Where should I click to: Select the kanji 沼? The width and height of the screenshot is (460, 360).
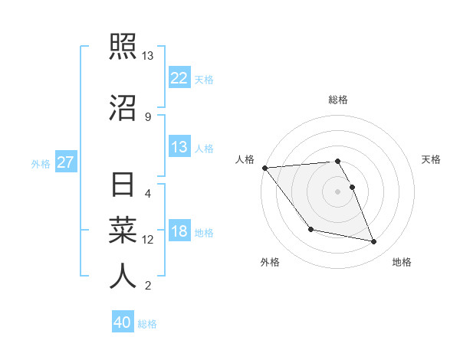pos(123,107)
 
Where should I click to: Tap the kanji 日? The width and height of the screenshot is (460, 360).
pos(123,186)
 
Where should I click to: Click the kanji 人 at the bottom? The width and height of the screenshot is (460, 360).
pos(123,276)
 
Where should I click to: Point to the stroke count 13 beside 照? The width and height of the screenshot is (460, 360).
pos(148,56)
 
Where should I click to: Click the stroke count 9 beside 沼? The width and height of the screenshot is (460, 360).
pos(148,116)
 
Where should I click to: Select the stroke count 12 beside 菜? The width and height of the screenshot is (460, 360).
pos(148,240)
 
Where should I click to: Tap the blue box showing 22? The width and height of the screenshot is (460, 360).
pos(179,78)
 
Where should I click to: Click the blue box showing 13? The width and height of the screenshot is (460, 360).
pos(179,147)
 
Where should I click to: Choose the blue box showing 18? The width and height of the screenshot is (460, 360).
pos(179,231)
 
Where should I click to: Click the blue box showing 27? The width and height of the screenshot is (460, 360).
pos(66,162)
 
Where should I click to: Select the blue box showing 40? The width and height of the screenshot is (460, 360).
pos(123,322)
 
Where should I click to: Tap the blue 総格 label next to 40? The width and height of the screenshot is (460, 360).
pos(147,324)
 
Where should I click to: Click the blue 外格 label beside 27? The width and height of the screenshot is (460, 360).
pos(41,164)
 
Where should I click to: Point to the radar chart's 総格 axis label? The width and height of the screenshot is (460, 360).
pos(337,100)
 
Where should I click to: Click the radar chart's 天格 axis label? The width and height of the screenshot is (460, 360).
pos(431,159)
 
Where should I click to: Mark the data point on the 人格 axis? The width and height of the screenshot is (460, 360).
pos(265,168)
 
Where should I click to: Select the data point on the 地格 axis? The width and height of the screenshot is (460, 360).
pos(374,242)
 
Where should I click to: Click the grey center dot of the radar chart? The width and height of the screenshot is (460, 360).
pos(337,191)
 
